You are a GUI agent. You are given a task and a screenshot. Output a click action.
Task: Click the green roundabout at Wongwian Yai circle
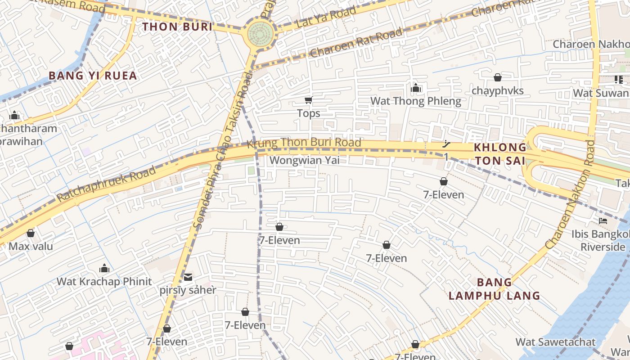[x=261, y=33]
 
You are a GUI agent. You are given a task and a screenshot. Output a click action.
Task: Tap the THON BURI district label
[x=177, y=27]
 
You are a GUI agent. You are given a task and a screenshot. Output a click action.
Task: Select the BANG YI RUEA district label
[x=93, y=76]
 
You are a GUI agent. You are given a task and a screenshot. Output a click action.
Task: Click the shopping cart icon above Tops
[x=308, y=100]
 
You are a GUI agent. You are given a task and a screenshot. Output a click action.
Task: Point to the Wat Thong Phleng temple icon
[x=416, y=88]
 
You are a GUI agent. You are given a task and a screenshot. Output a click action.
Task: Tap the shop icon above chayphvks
[x=497, y=78]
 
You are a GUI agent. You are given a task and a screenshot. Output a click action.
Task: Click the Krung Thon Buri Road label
[x=304, y=143]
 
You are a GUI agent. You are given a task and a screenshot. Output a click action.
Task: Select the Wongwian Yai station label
[x=304, y=160]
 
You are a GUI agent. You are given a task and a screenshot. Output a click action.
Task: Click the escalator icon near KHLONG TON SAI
[x=446, y=144]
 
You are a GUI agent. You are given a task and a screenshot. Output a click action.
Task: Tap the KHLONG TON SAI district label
[x=500, y=154]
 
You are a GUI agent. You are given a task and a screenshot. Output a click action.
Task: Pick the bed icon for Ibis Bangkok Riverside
[x=603, y=220]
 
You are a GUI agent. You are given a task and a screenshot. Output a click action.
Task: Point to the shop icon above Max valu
[x=31, y=233]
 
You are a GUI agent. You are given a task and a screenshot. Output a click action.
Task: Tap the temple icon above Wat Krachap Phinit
[x=104, y=269]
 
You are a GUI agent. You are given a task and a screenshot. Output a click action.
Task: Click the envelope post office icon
[x=188, y=277]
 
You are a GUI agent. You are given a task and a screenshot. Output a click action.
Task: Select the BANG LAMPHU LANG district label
[x=494, y=289]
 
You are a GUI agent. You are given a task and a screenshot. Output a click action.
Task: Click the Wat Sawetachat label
[x=555, y=342]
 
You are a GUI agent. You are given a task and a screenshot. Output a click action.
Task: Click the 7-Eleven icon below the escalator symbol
[x=444, y=181]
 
